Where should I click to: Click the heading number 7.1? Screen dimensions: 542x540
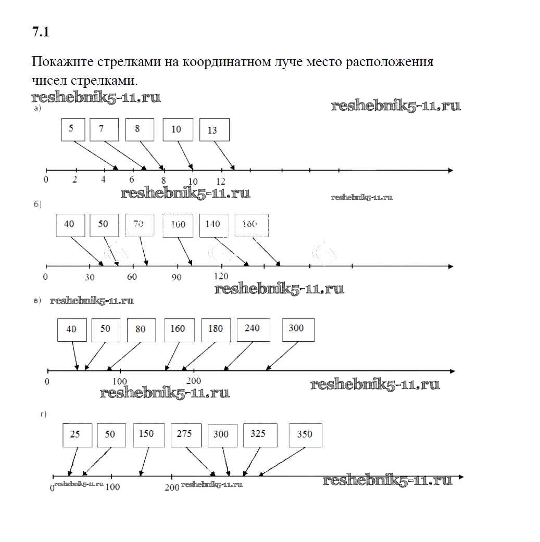(x=41, y=32)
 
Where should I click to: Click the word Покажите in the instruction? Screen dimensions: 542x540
(x=63, y=62)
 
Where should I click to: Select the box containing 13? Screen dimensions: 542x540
(x=214, y=130)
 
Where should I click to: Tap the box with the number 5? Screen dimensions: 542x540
(x=72, y=129)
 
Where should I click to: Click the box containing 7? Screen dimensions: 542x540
(x=104, y=129)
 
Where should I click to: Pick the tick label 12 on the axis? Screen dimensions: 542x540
(x=221, y=180)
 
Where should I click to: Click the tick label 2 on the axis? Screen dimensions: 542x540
(x=75, y=180)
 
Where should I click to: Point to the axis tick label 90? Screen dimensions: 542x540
(x=177, y=277)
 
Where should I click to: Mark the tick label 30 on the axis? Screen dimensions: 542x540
(x=90, y=277)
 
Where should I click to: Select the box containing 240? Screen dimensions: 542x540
(x=253, y=329)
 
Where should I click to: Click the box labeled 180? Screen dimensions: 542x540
(x=216, y=329)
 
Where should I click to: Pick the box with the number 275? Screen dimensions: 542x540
(x=185, y=435)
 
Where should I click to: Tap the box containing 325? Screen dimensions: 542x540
(x=259, y=434)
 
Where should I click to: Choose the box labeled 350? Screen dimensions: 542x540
(x=305, y=435)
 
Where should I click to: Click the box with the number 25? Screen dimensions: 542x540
(x=77, y=435)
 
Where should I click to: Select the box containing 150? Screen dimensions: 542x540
(x=147, y=434)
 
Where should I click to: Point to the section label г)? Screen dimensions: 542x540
(x=44, y=414)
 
